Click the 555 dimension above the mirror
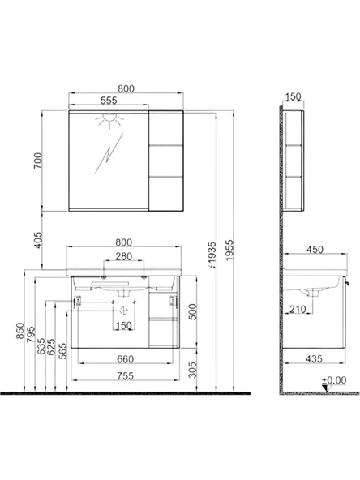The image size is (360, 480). [x=109, y=100]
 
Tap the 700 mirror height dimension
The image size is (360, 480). [x=38, y=161]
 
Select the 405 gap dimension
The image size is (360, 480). [x=38, y=240]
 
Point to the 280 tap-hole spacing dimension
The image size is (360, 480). [x=124, y=256]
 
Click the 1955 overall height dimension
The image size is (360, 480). [x=229, y=250]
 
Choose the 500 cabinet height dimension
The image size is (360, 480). [x=192, y=311]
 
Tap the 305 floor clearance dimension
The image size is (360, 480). [x=192, y=370]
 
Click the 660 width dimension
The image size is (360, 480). [x=126, y=359]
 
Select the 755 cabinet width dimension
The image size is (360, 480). [x=126, y=375]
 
